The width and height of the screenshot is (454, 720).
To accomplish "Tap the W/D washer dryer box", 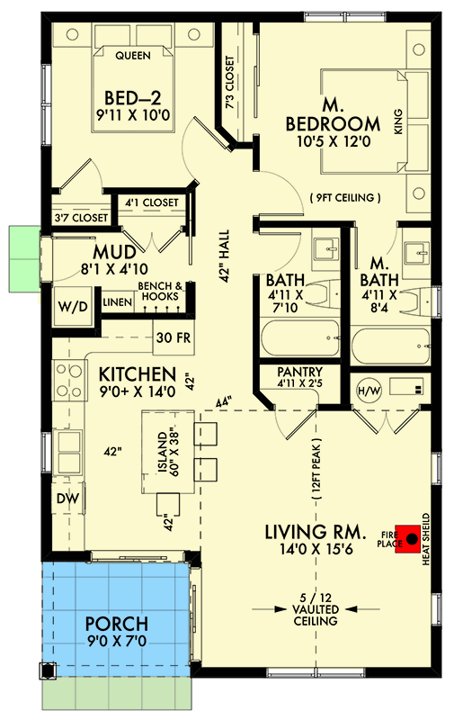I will point(72,307).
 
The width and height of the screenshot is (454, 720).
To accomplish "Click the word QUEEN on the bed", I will point(132,56).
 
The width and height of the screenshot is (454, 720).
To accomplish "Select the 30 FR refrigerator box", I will point(172,338).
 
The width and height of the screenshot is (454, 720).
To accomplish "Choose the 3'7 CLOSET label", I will point(80,218).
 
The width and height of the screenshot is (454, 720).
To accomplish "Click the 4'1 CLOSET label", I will point(153,202).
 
